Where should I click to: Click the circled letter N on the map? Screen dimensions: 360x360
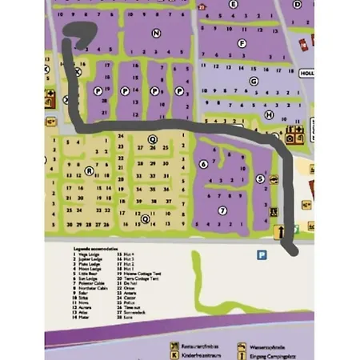pos(155,33)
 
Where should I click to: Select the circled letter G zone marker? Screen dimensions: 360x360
pos(254,81)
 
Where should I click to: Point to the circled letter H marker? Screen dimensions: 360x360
pos(270,114)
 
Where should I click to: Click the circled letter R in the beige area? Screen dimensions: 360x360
pos(89,170)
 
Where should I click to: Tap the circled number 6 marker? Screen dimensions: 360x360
pos(203,164)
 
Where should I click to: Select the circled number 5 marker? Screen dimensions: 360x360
pos(259,179)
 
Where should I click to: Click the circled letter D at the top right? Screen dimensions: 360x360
pos(298,3)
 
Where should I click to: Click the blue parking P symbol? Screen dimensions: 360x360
pos(261,254)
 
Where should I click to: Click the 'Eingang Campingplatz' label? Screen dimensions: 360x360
pos(277,354)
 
